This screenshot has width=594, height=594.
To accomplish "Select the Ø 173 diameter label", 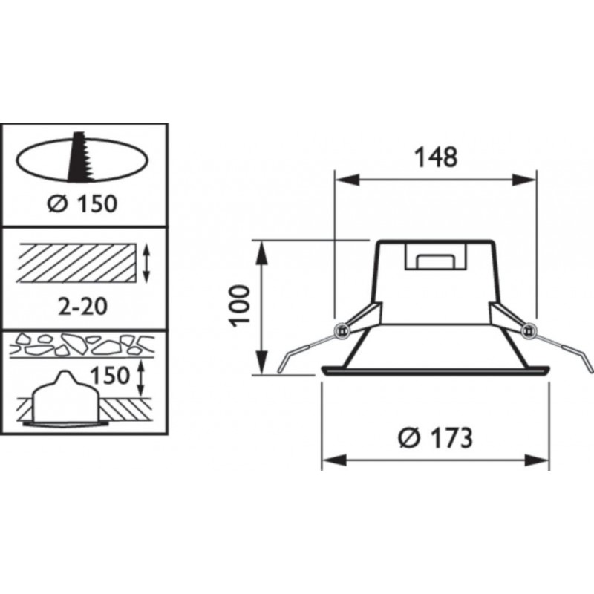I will point(434,438).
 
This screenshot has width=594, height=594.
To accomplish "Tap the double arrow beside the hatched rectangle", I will point(147,264).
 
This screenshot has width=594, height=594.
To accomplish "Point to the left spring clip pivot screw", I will point(342,330).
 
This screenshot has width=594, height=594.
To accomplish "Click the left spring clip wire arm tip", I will point(281,370).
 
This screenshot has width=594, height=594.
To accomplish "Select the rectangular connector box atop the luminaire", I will point(434,258).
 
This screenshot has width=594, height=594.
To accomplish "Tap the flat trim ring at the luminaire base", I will point(434,371).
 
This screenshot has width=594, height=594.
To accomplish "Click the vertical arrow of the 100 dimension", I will point(261,308).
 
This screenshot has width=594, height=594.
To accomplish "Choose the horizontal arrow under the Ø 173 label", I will point(434,460).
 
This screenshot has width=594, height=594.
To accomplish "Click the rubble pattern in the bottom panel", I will point(82,344).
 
